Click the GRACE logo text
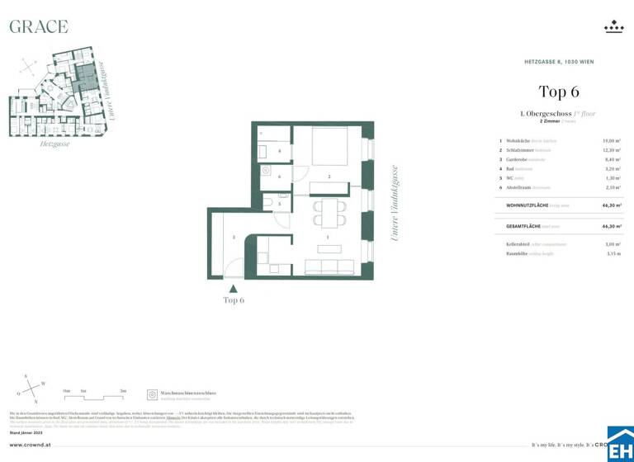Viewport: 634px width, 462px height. (38, 26)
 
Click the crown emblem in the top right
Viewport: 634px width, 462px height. (613, 27)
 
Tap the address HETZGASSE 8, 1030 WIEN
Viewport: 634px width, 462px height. (559, 62)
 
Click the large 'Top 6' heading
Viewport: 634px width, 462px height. (559, 92)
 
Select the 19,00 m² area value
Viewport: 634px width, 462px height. (611, 141)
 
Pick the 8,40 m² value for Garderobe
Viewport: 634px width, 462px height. (612, 159)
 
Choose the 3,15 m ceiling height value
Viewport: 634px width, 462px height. (613, 254)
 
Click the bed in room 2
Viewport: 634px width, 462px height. (329, 147)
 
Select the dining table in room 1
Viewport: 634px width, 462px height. (329, 212)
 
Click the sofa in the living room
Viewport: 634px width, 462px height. (329, 266)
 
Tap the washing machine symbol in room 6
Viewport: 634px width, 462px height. (267, 170)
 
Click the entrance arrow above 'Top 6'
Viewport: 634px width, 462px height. (234, 289)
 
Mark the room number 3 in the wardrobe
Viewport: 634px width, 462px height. (234, 238)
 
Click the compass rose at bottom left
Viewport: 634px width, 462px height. (32, 389)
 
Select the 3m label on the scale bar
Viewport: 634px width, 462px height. (122, 390)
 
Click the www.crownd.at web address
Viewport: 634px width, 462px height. (32, 445)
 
